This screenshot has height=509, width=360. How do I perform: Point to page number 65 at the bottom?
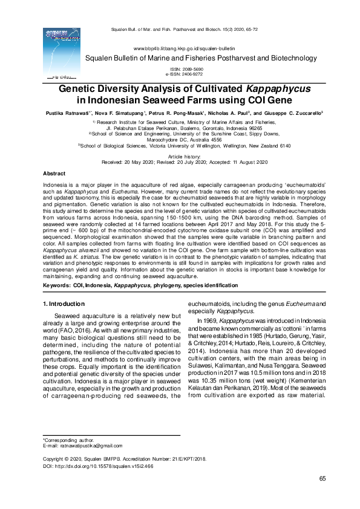tap(323, 479)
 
